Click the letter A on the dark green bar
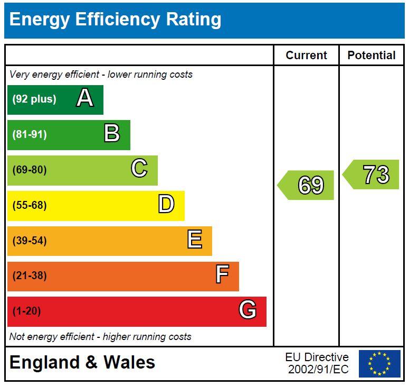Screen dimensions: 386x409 (x=85, y=98)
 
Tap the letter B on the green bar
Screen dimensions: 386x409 (x=111, y=134)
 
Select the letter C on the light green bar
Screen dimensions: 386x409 (x=139, y=169)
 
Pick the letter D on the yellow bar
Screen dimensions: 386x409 (x=166, y=205)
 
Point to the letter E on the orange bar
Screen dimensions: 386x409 (x=194, y=240)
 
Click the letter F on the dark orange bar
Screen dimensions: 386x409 (x=222, y=275)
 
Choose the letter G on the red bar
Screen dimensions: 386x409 (x=248, y=310)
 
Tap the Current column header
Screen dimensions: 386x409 (x=306, y=56)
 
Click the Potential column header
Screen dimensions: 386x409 (x=371, y=56)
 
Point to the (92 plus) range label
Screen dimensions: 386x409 (x=34, y=99)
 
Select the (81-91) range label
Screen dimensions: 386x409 (x=30, y=134)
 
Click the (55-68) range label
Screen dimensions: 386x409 (x=30, y=205)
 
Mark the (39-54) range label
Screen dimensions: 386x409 (x=30, y=241)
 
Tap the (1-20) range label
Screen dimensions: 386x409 (x=26, y=311)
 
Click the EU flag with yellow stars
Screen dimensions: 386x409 (x=379, y=364)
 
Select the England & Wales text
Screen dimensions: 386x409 (x=82, y=363)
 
